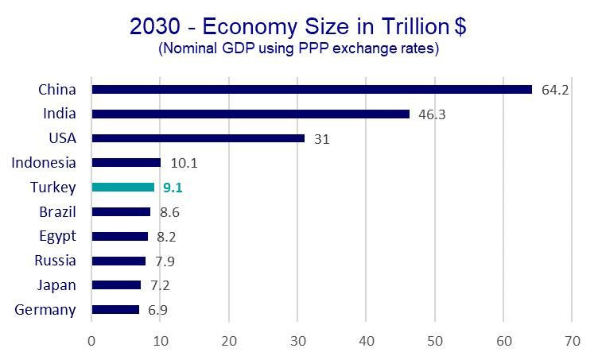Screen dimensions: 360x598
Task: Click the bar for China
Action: click(x=312, y=89)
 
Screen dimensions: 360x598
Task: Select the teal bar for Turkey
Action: click(x=123, y=188)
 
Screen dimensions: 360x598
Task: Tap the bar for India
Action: click(x=250, y=114)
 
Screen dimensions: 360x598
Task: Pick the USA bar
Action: click(x=198, y=138)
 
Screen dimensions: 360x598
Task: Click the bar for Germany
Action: click(x=115, y=309)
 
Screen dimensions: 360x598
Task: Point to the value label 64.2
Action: click(x=555, y=90)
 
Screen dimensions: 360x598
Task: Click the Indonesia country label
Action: click(x=44, y=163)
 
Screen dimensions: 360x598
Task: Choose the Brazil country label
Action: click(x=57, y=212)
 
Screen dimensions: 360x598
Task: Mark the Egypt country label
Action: click(x=57, y=236)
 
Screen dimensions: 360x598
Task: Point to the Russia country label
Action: click(x=55, y=261)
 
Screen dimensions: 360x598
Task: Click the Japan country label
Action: click(x=57, y=285)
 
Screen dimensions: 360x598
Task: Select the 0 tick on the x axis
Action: click(x=91, y=341)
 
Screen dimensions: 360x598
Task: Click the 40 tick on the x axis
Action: click(x=366, y=341)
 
